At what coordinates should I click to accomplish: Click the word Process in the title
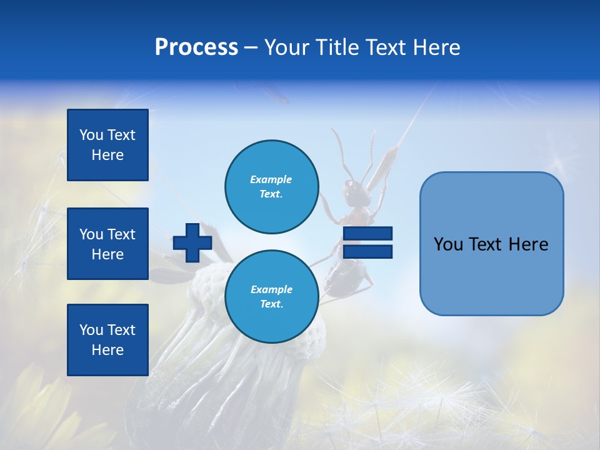[x=196, y=47]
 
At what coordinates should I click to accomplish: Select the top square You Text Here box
[x=107, y=145]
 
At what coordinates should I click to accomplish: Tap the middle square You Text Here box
[x=107, y=244]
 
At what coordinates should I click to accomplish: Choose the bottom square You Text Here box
[x=107, y=339]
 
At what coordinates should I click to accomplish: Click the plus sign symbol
[x=192, y=242]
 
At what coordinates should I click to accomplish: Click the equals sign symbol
[x=367, y=242]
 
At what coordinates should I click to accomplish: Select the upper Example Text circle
[x=271, y=186]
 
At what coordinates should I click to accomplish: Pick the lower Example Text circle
[x=271, y=296]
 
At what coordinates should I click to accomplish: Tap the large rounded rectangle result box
[x=491, y=244]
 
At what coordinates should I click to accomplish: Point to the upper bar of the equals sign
[x=367, y=234]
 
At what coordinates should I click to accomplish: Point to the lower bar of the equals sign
[x=367, y=251]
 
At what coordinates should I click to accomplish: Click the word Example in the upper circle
[x=271, y=179]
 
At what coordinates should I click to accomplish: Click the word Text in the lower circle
[x=271, y=304]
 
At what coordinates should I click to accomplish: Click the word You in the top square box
[x=91, y=135]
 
